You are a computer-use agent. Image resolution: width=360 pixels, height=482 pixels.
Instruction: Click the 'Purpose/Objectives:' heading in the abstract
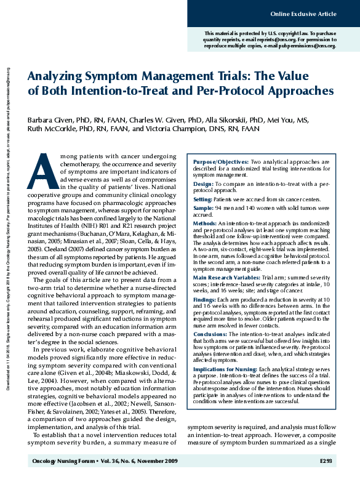point(215,161)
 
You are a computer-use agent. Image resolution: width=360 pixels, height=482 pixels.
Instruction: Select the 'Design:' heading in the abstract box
point(204,183)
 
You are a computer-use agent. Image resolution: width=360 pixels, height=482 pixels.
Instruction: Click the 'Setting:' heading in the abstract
point(203,200)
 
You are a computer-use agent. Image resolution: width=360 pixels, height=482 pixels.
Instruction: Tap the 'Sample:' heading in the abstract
point(204,209)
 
